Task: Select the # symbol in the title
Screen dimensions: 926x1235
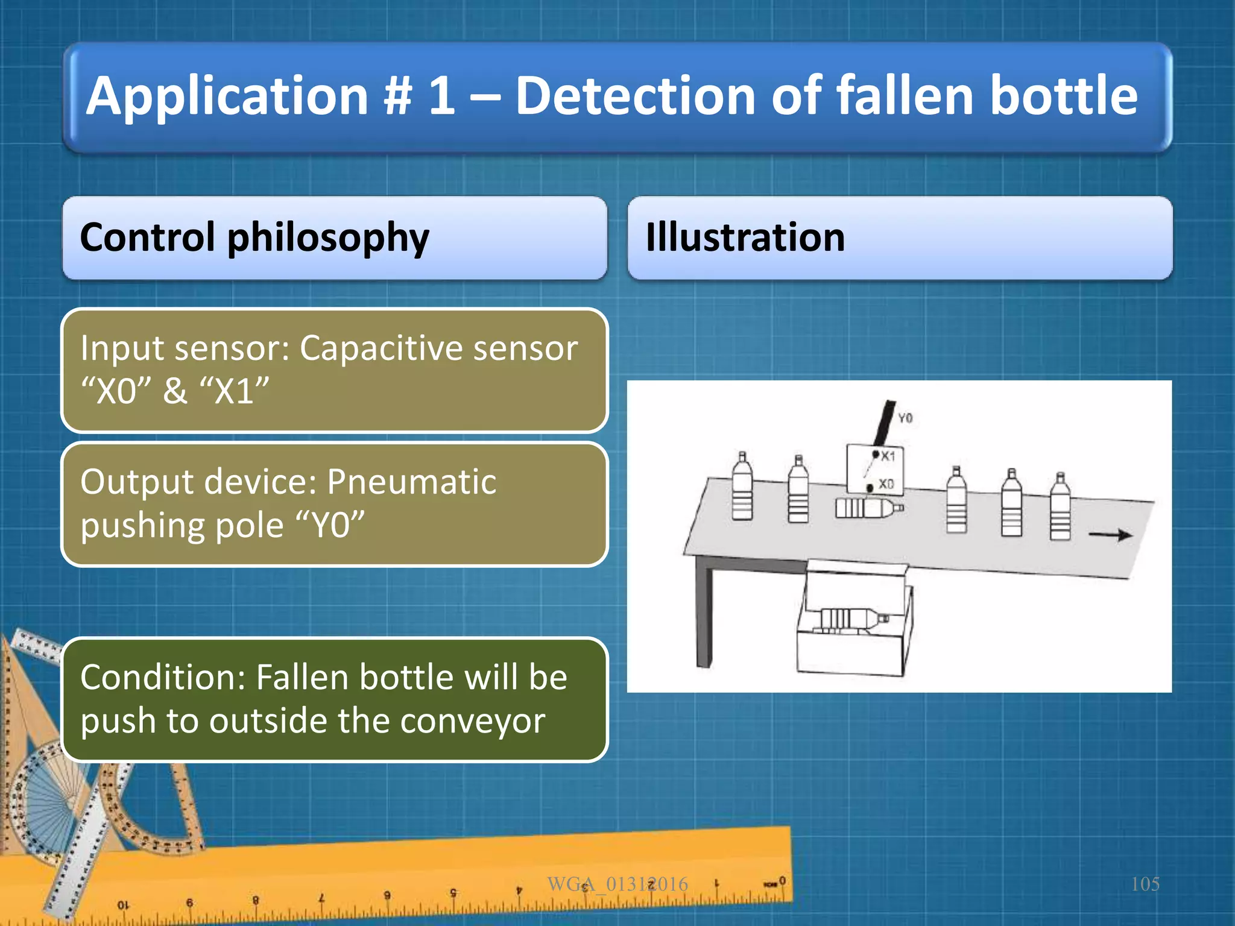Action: (x=396, y=96)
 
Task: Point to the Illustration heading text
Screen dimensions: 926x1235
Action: (x=745, y=238)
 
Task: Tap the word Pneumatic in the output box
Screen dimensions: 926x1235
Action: (x=411, y=482)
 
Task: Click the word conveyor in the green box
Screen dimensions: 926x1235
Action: (x=472, y=721)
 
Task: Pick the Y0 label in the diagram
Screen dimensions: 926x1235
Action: (x=905, y=418)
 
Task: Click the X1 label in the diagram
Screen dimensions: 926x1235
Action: (x=888, y=456)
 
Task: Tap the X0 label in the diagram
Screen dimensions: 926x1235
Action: (x=886, y=484)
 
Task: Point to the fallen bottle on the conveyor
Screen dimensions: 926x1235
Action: (x=868, y=508)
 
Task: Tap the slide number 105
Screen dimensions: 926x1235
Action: (x=1145, y=884)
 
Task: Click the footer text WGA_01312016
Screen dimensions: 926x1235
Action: (x=617, y=884)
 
